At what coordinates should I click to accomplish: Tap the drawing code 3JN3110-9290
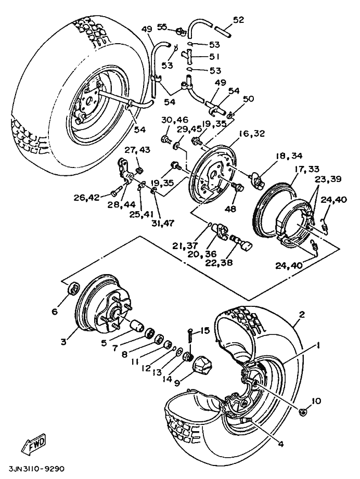[x=36, y=469]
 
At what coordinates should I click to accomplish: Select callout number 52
[x=238, y=20]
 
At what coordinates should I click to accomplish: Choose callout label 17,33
[x=306, y=169]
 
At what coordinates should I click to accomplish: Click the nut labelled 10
[x=303, y=412]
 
